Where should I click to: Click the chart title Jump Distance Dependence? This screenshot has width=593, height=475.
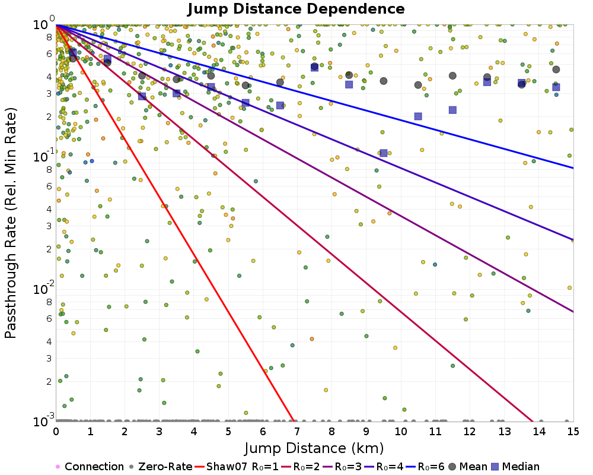296,9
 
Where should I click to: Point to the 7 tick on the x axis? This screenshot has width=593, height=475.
297,429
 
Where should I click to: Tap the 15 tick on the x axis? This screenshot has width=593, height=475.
573,429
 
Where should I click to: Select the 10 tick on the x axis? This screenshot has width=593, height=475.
401,429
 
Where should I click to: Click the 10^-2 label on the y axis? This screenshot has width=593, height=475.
42,289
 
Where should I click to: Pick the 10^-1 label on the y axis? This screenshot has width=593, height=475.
42,157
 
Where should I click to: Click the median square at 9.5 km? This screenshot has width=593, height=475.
384,153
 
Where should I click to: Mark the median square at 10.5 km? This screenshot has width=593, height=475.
418,116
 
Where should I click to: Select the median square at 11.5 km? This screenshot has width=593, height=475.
452,110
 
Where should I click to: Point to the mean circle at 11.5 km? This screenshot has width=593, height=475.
452,75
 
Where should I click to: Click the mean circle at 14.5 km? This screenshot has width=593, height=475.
556,69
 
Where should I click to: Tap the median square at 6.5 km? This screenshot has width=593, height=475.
280,105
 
